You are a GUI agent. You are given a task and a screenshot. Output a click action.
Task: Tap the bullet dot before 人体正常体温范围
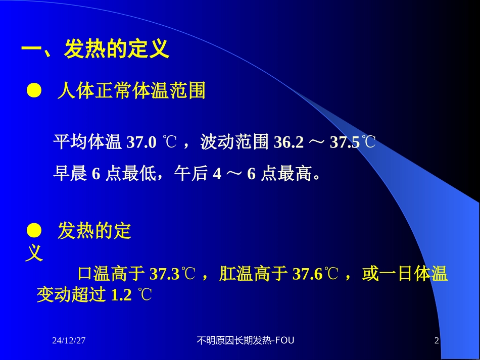tap(33, 91)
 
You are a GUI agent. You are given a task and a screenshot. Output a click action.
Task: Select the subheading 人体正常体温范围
tap(131, 91)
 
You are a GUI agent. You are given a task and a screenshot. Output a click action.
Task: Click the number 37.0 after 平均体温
tap(141, 142)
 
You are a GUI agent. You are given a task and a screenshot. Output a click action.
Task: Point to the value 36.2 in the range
tap(289, 142)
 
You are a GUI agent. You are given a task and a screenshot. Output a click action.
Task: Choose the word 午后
tap(191, 174)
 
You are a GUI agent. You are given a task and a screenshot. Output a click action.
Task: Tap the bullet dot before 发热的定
tap(33, 231)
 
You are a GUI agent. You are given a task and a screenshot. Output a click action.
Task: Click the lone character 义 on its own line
tap(34, 252)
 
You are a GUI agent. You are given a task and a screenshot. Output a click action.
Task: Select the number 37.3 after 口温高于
tap(165, 274)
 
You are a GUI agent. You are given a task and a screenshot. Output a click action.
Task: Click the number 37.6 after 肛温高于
tap(307, 274)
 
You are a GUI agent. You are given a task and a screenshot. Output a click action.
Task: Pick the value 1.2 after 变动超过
tap(121, 295)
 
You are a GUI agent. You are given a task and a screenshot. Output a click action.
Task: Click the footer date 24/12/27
tap(69, 341)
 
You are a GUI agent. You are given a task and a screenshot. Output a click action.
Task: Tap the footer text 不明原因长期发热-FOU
tap(245, 341)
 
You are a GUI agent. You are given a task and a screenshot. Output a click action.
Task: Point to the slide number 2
tap(437, 341)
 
